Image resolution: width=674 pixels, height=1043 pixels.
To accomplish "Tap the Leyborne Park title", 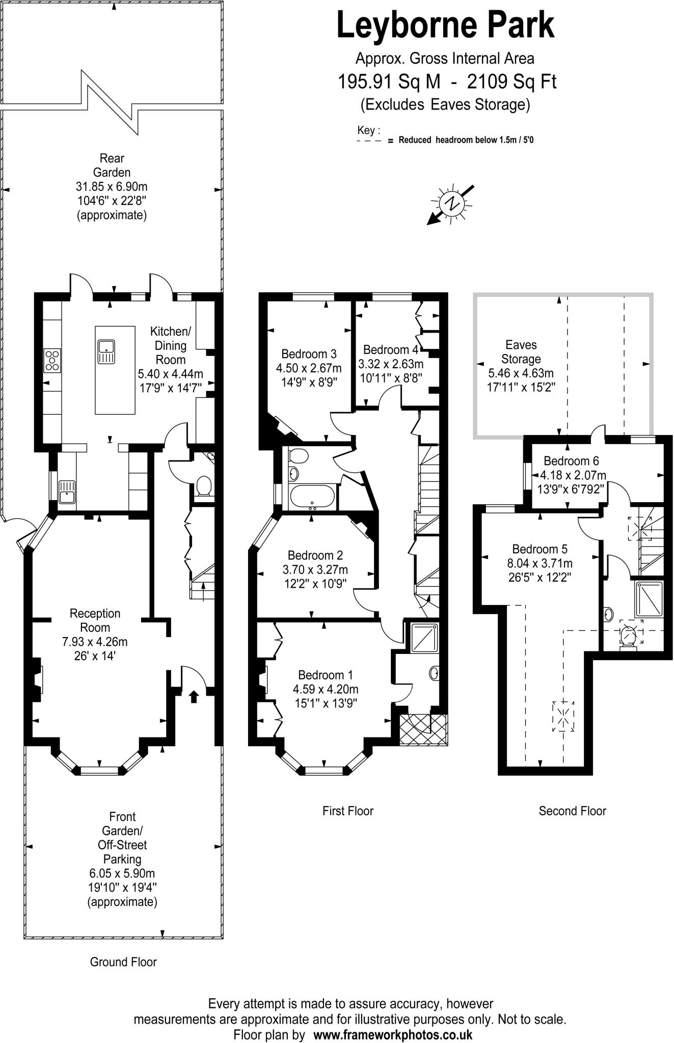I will click(x=445, y=26).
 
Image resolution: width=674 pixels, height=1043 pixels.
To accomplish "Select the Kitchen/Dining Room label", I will click(x=170, y=345).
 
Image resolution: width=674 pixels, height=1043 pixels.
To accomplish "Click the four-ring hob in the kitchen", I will click(x=52, y=360).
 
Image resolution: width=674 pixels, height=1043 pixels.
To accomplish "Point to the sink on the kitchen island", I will click(x=106, y=352).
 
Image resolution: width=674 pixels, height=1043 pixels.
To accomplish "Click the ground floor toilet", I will click(x=204, y=485).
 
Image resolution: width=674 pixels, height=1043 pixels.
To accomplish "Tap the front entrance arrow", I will click(x=194, y=696).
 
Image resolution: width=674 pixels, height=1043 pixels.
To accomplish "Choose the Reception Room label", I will click(x=95, y=620).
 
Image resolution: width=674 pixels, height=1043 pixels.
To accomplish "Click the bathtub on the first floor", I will click(x=312, y=498).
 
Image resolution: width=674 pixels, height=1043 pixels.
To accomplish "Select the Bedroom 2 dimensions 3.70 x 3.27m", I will click(x=315, y=569).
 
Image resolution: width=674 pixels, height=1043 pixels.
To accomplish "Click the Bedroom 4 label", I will click(x=390, y=350).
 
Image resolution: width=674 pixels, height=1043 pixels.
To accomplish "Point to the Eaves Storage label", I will click(x=521, y=352).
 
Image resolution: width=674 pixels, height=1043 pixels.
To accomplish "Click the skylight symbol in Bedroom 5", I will click(x=563, y=716).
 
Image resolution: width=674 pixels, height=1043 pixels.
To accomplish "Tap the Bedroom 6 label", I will click(x=571, y=461).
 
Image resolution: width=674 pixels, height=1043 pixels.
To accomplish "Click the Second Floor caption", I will click(x=572, y=811).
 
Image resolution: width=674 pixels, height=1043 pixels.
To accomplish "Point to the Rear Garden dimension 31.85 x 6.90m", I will click(x=112, y=186).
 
